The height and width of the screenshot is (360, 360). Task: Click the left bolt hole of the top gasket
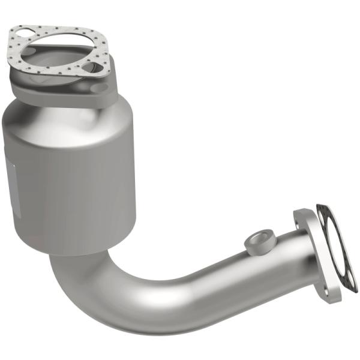tap(22, 33)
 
